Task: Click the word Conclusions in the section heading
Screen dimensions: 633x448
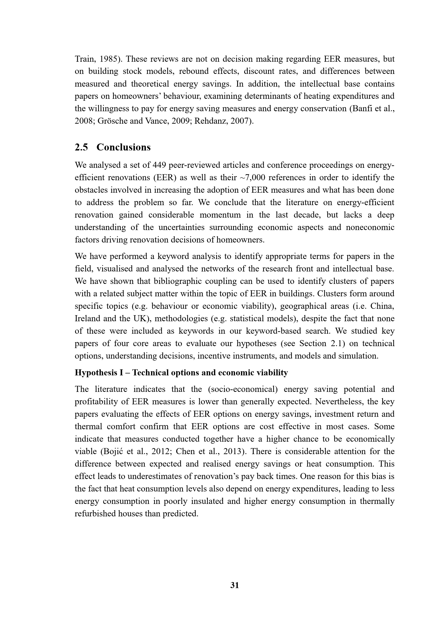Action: [123, 147]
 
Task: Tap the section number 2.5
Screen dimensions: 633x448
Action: [81, 147]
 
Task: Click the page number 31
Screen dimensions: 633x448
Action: [235, 585]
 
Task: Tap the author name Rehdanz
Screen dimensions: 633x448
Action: [210, 121]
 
